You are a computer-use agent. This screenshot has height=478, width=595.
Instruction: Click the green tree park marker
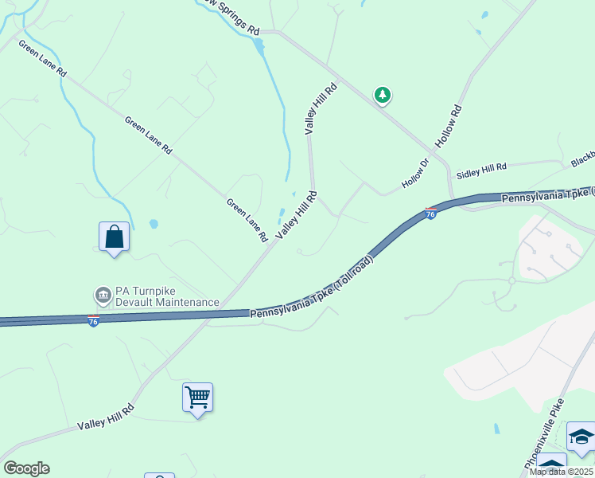(383, 96)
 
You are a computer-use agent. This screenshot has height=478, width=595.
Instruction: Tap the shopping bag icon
(115, 237)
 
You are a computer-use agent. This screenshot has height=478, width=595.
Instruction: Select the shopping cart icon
(197, 397)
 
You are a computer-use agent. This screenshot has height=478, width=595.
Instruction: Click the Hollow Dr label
(415, 173)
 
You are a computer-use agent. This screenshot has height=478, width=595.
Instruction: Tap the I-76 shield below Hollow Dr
(430, 214)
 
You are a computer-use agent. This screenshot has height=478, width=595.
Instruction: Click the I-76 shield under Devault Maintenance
(93, 321)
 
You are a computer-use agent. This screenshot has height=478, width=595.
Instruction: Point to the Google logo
(26, 468)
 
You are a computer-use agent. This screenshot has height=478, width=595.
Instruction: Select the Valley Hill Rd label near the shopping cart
(105, 417)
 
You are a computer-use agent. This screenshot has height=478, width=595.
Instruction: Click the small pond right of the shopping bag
(154, 224)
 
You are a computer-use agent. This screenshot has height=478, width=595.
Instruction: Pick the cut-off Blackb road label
(582, 160)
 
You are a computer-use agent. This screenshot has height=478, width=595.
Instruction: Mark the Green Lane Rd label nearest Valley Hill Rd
(247, 220)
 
